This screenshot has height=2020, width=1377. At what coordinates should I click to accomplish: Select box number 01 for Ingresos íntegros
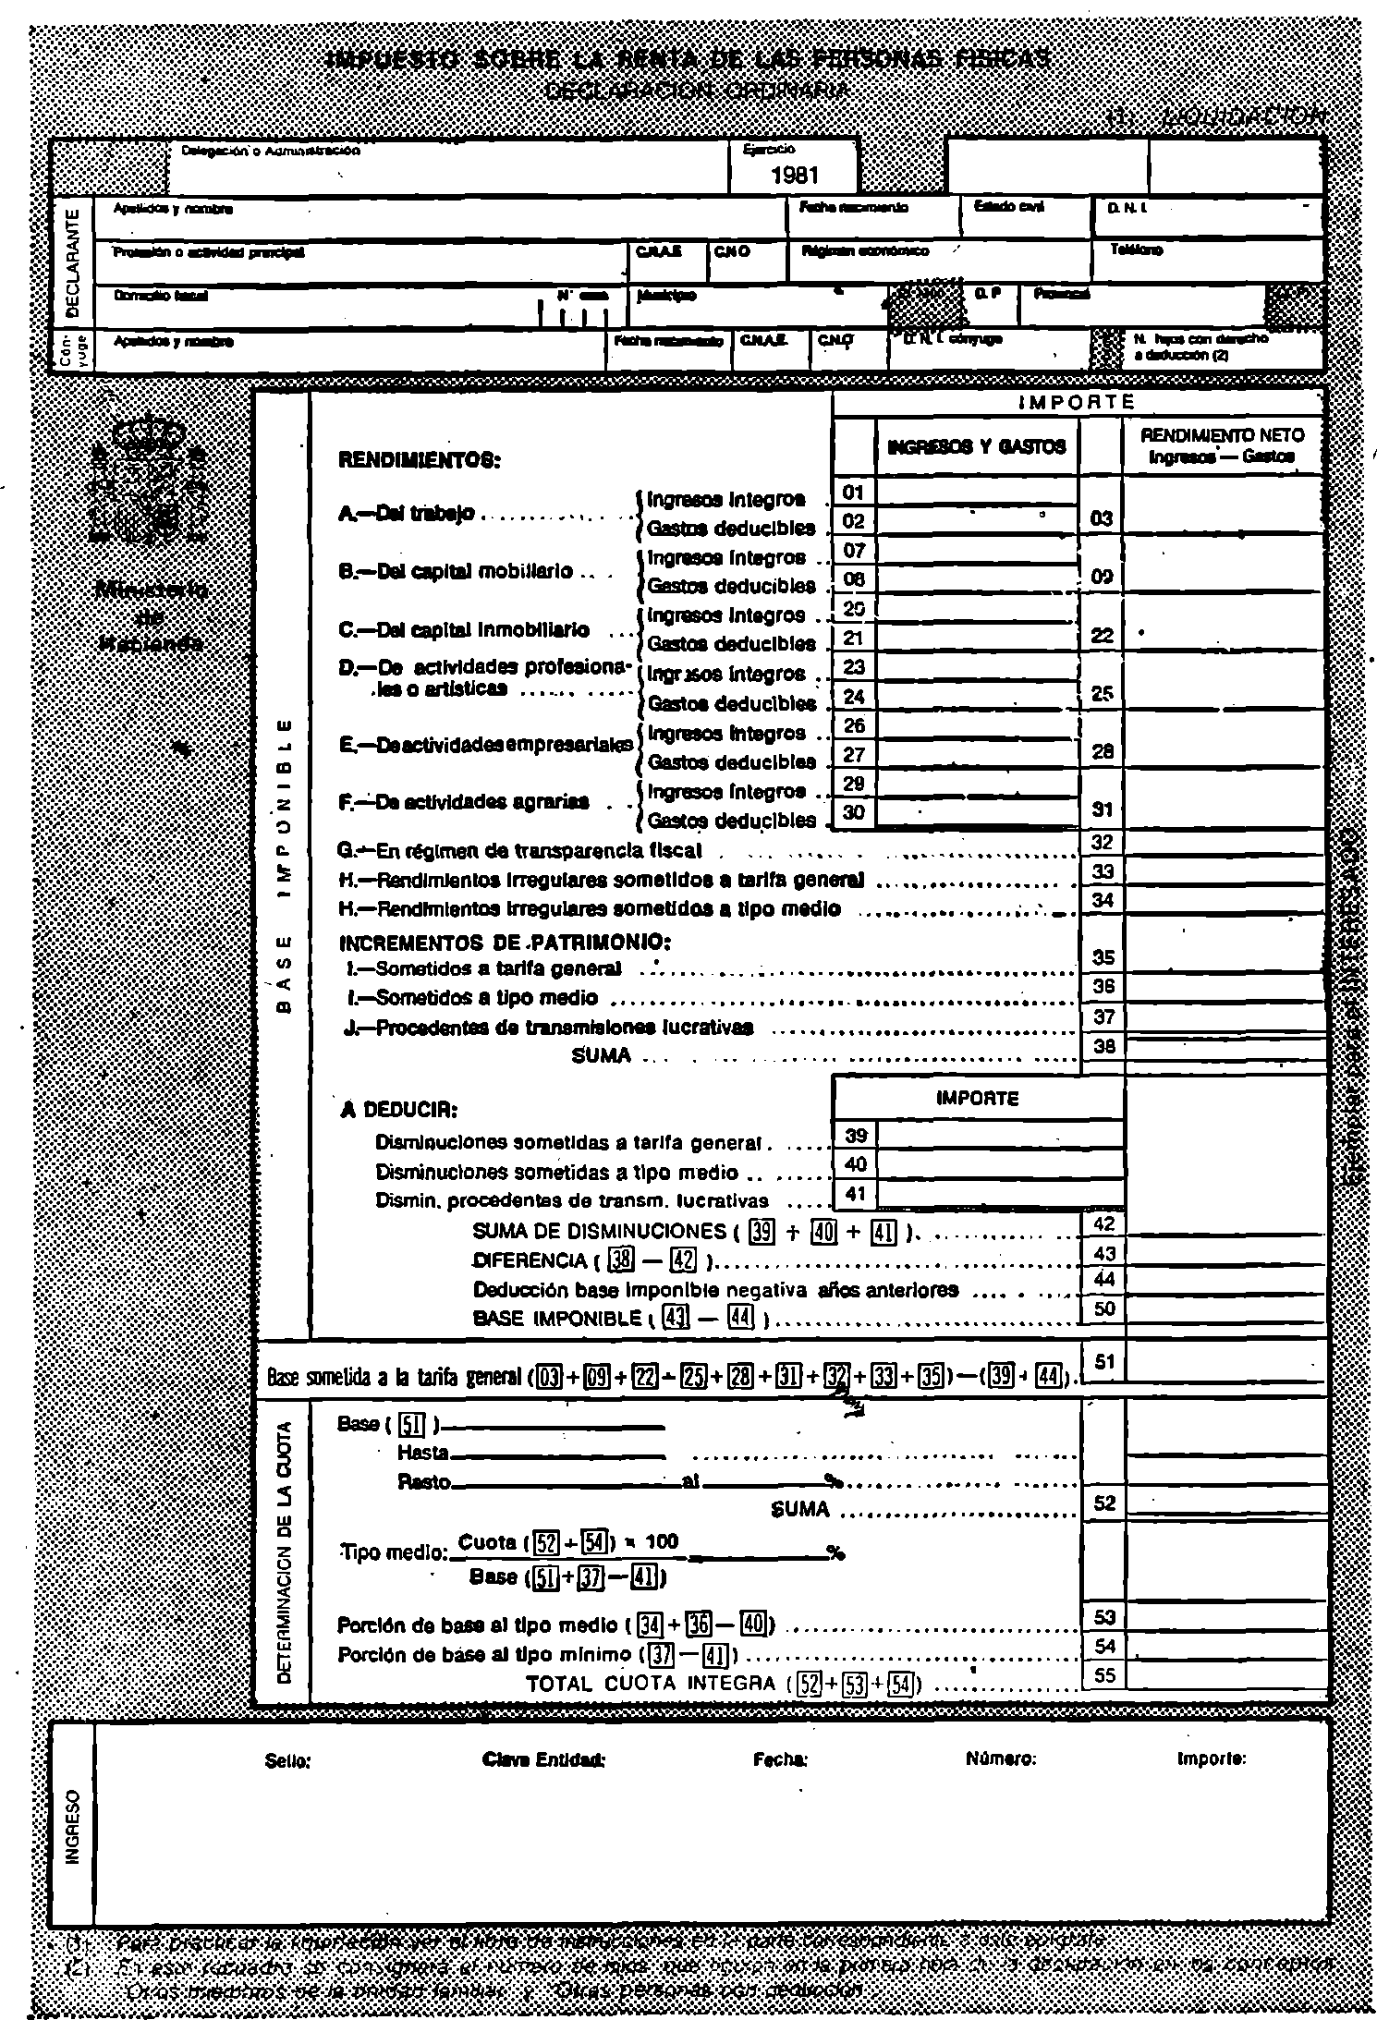click(853, 491)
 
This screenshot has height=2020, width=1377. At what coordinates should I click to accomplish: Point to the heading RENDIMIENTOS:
click(420, 459)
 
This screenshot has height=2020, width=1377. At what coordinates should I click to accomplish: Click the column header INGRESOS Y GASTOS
click(976, 447)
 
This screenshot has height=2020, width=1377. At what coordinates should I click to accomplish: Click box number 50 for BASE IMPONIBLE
click(1103, 1308)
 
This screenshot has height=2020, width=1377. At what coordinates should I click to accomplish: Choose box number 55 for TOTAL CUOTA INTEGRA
click(1103, 1676)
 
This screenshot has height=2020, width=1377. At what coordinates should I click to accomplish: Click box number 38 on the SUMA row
click(1103, 1046)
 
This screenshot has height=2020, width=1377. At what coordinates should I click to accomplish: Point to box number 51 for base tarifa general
click(1103, 1361)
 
